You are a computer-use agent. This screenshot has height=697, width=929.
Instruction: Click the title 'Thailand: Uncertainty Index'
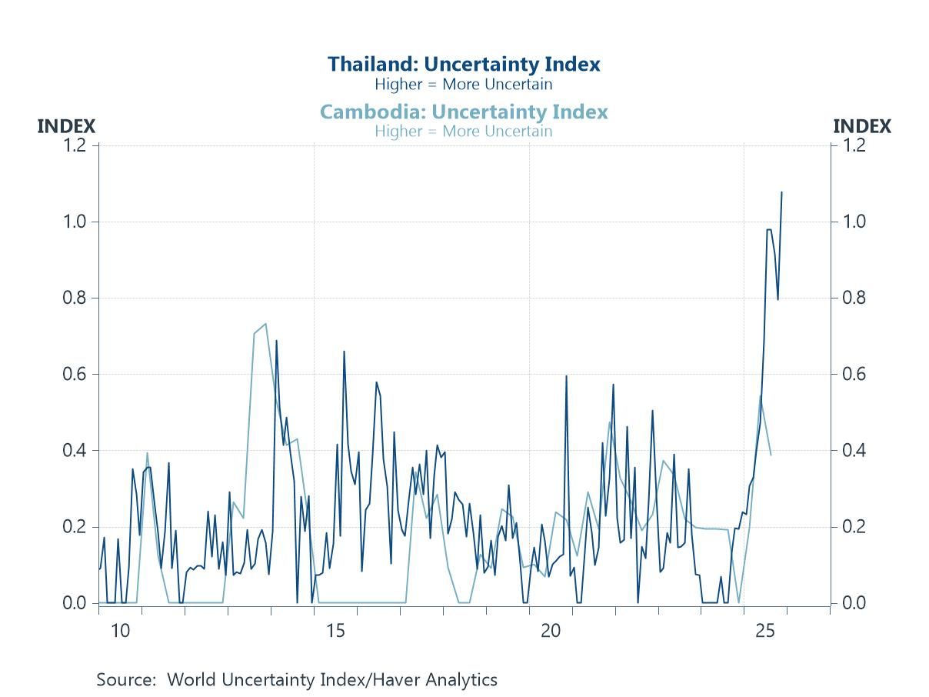click(x=464, y=64)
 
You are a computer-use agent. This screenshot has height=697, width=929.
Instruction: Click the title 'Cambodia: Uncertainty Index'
click(x=464, y=112)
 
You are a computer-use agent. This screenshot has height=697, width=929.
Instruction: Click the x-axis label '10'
click(x=120, y=632)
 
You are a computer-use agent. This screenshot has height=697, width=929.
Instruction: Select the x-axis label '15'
click(x=335, y=632)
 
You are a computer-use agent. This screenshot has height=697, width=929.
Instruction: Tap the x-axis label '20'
click(x=551, y=632)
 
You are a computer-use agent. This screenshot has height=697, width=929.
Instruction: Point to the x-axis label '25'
click(x=765, y=632)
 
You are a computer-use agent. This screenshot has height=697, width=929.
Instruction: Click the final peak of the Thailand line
click(x=781, y=192)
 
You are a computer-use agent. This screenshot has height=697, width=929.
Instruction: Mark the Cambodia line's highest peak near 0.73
click(x=265, y=324)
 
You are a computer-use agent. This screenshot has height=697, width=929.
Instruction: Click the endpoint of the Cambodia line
click(x=771, y=455)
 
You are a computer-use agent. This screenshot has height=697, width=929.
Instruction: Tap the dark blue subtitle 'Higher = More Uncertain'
click(x=464, y=84)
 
